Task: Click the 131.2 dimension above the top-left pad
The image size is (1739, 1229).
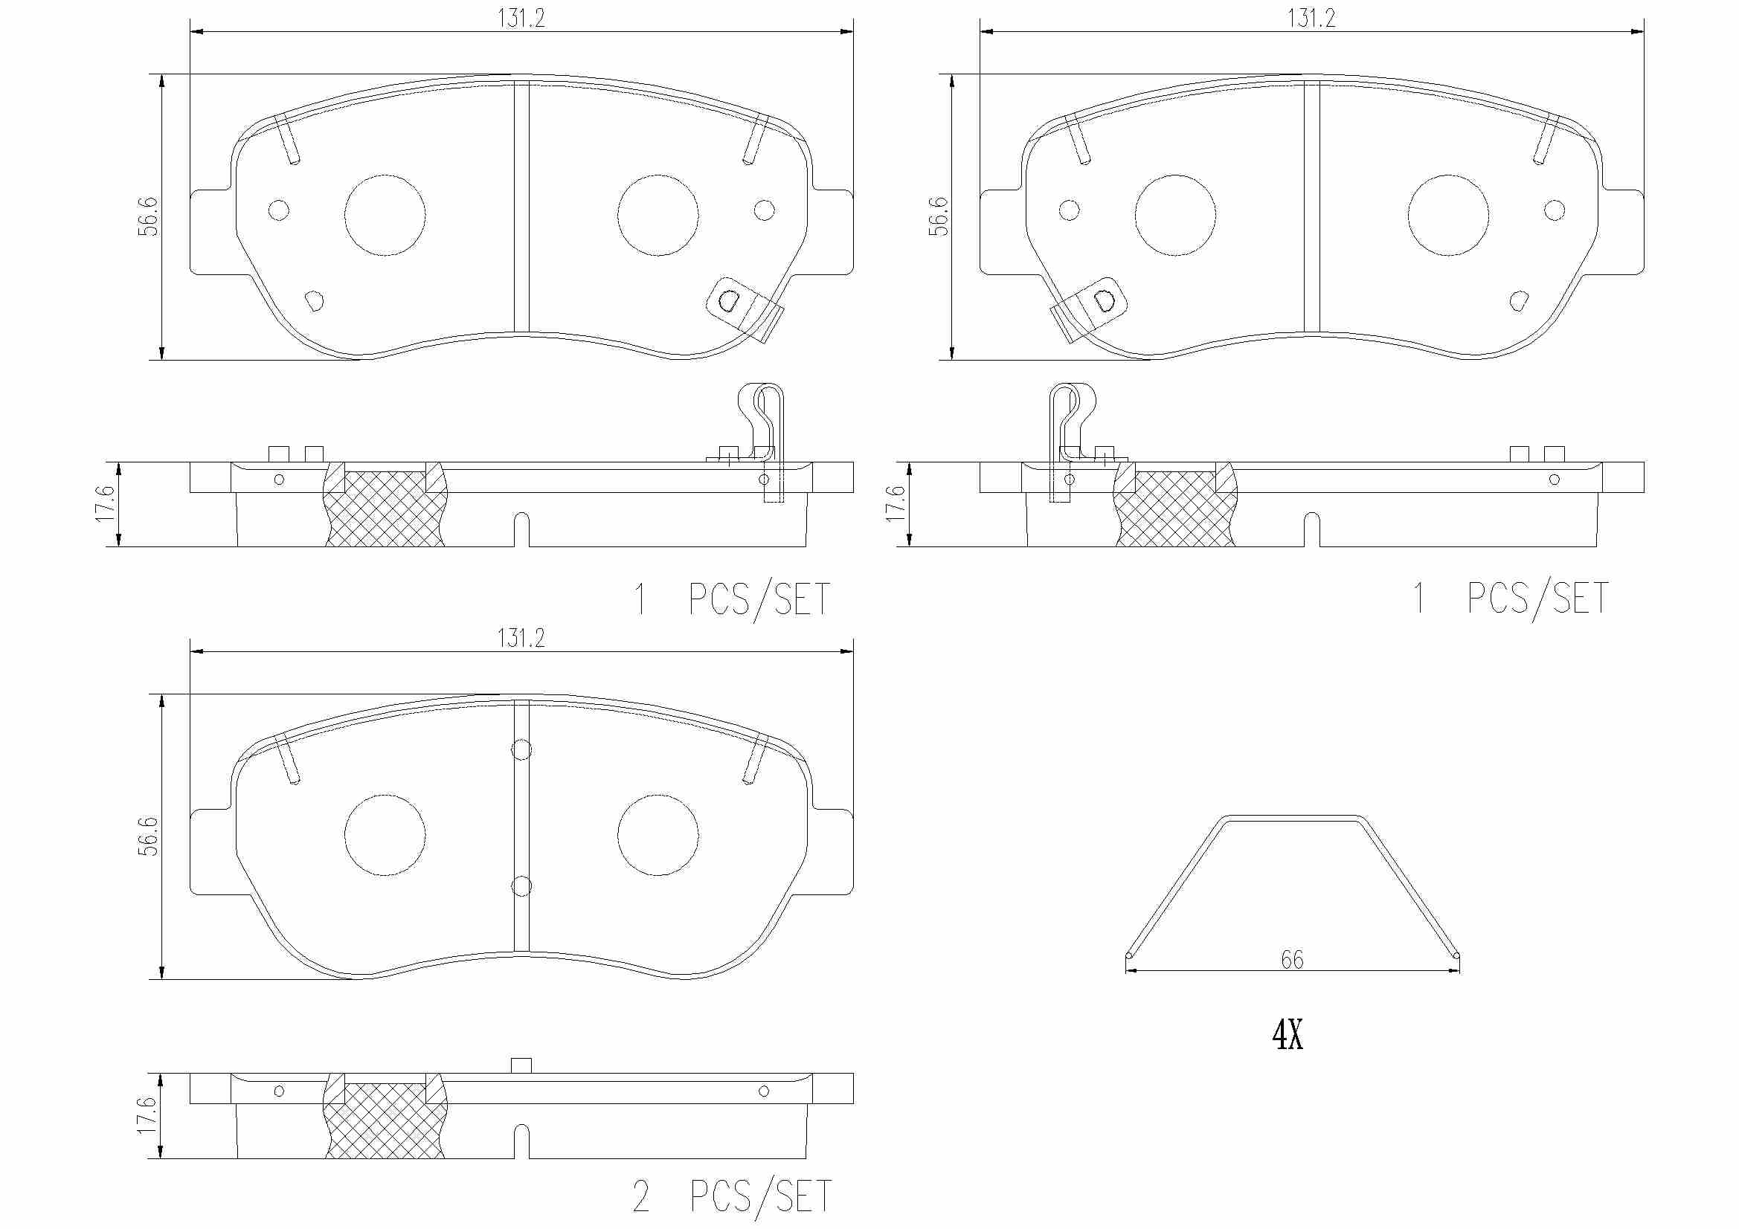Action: (x=521, y=18)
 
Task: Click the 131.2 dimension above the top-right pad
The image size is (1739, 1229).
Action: (x=1311, y=18)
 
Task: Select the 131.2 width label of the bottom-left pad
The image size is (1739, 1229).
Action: (x=521, y=639)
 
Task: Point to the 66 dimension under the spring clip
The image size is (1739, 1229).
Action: (x=1292, y=959)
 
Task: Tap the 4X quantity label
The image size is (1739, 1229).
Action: (x=1288, y=1034)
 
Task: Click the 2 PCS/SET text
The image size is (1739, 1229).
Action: (x=733, y=1197)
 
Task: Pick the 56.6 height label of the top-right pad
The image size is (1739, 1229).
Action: (x=939, y=216)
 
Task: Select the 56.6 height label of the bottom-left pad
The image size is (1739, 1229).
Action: (x=149, y=836)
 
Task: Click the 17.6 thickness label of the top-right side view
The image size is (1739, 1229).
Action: (x=896, y=503)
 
